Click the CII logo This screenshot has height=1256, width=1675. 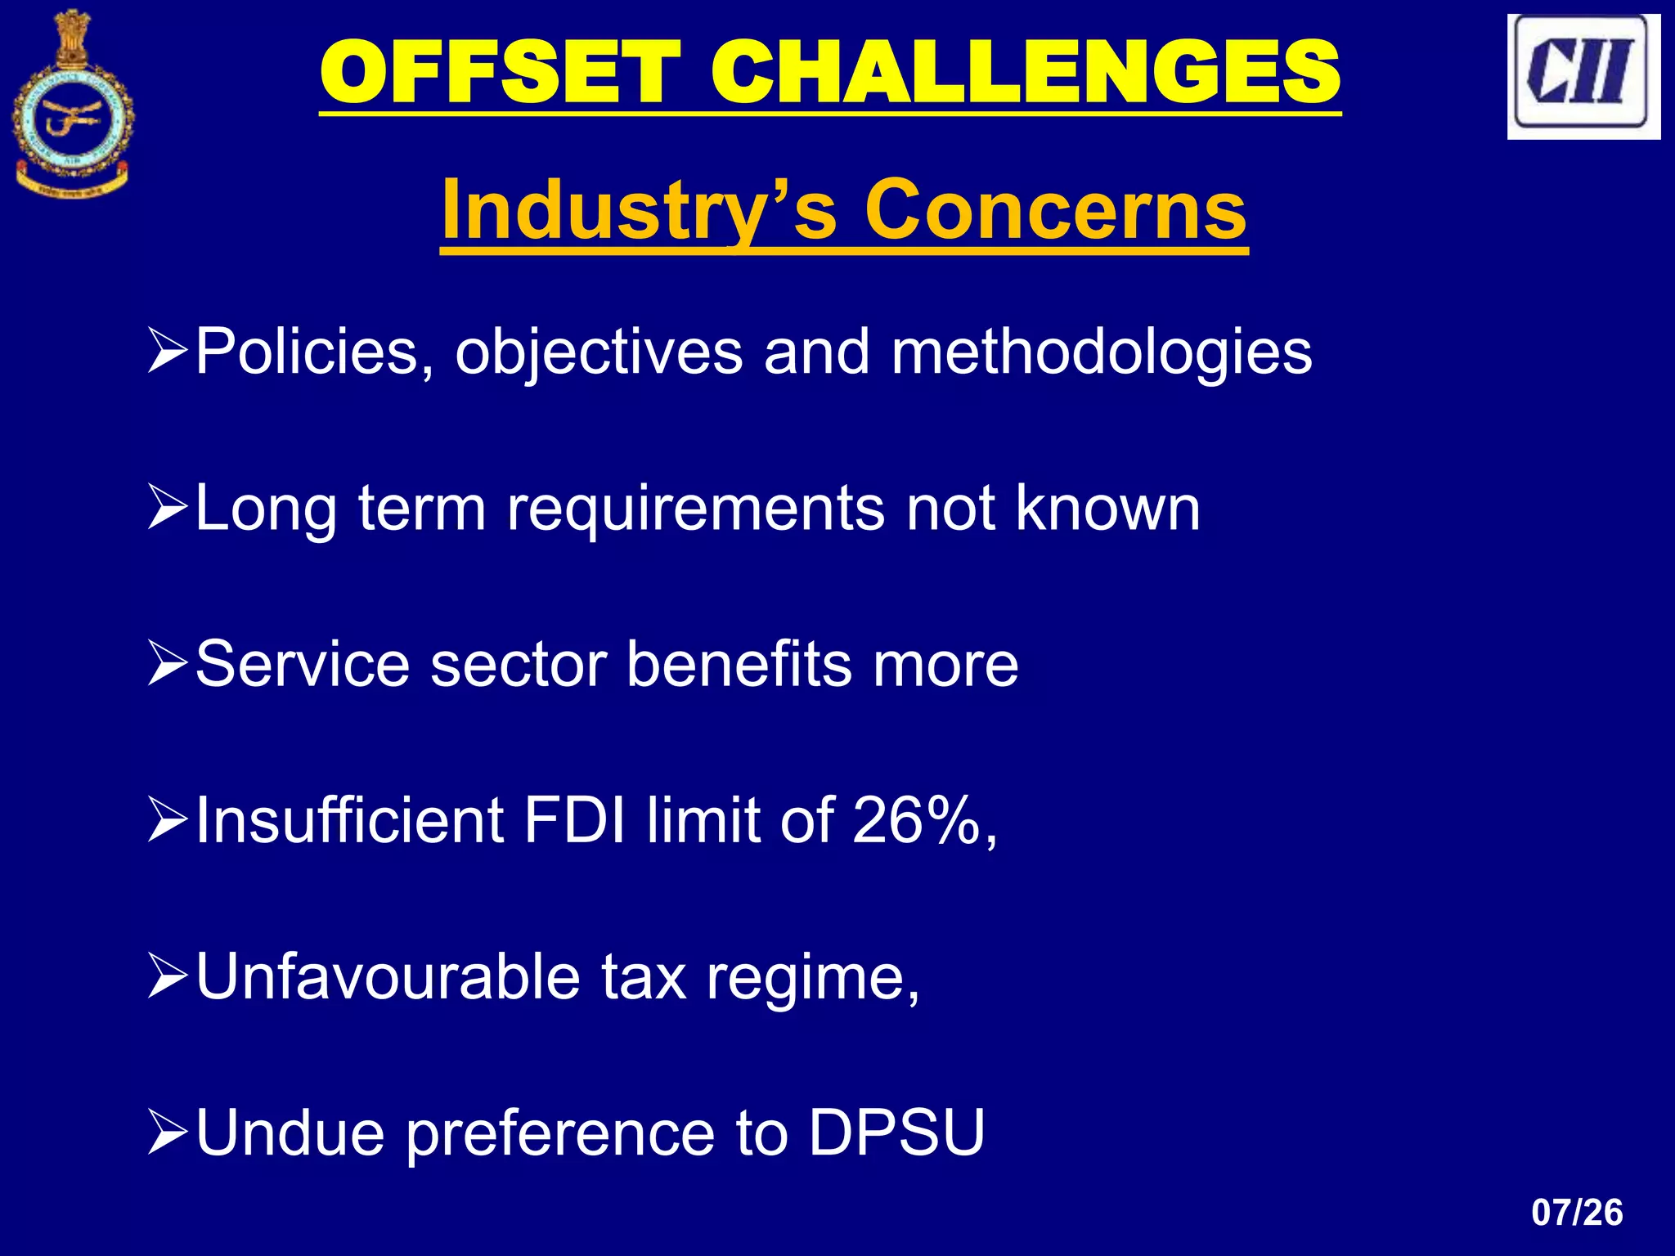tap(1583, 76)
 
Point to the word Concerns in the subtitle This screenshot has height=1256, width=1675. tap(1055, 210)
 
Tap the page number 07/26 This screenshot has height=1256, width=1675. tap(1577, 1212)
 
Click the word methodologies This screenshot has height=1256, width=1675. tap(1101, 352)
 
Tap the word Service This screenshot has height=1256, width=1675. tap(302, 664)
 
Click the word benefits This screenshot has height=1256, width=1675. tap(739, 664)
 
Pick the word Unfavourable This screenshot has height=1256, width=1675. tap(388, 976)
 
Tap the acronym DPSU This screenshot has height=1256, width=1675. tap(896, 1133)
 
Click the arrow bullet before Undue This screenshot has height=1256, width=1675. tap(168, 1133)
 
